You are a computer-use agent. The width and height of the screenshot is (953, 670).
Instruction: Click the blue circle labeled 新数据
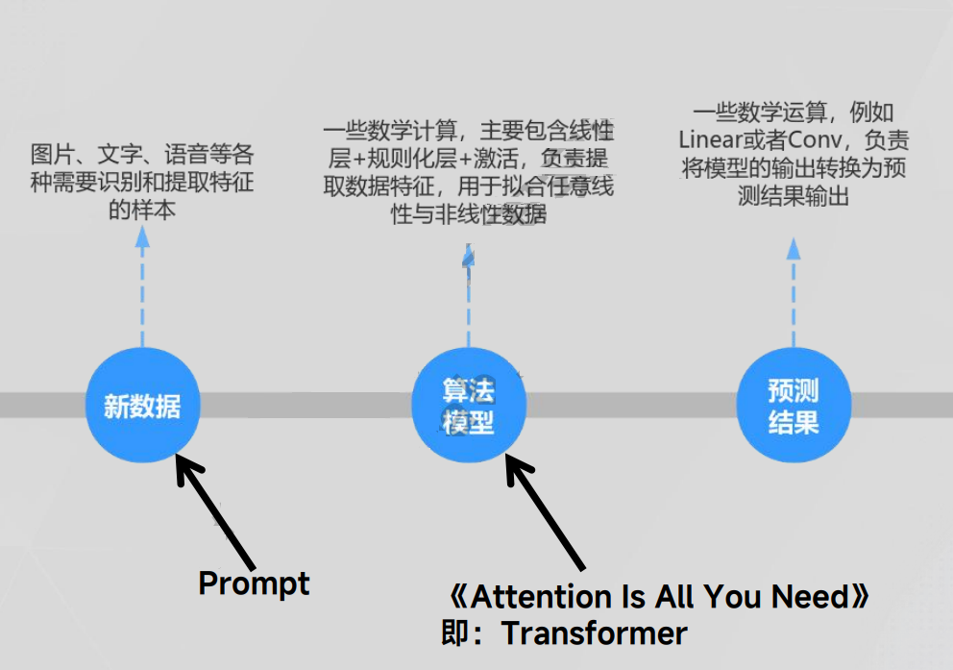(x=142, y=405)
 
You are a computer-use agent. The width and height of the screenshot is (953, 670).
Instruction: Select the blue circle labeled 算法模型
(x=469, y=405)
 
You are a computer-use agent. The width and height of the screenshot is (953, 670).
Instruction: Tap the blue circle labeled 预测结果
(x=794, y=405)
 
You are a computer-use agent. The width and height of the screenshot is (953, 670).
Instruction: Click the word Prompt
(x=254, y=583)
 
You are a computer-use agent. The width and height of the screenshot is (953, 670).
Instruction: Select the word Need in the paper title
(x=812, y=597)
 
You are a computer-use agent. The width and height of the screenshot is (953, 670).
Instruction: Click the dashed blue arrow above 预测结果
(x=794, y=293)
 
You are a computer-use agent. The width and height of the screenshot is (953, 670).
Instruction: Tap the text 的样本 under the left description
(x=142, y=210)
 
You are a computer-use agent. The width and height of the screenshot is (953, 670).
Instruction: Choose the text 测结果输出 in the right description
(x=794, y=196)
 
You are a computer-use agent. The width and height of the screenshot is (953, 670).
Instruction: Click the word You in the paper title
(x=735, y=597)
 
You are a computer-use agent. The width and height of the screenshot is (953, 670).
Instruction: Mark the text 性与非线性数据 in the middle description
(x=469, y=214)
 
